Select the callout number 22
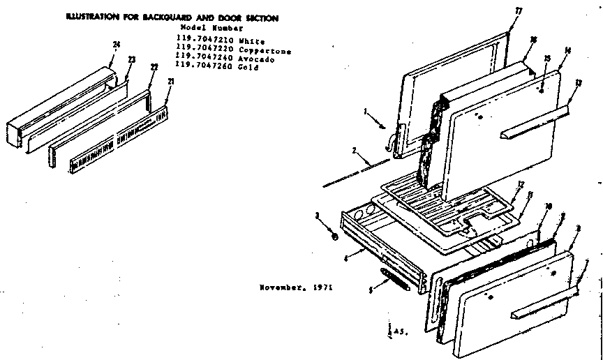(x=155, y=66)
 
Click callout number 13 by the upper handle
(x=577, y=82)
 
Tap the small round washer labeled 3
(x=336, y=237)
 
